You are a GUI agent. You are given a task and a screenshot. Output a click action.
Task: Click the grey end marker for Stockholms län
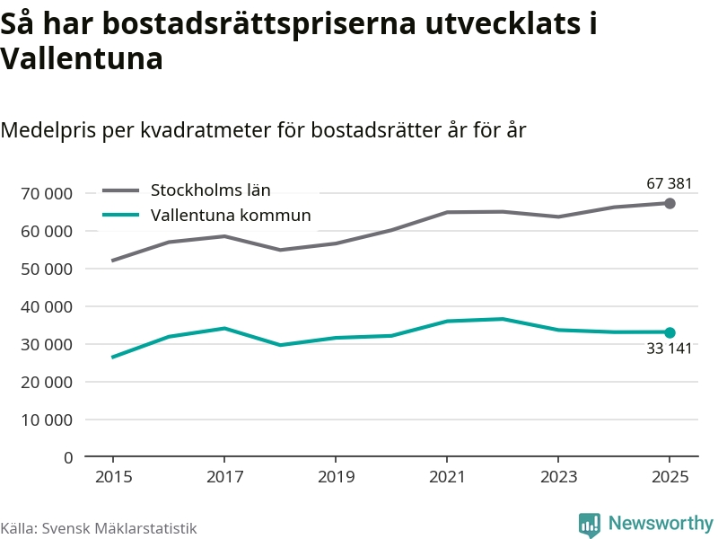[670, 203]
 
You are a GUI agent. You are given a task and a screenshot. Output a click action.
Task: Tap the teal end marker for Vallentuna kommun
[670, 332]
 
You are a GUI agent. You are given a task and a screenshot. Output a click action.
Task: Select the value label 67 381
[670, 184]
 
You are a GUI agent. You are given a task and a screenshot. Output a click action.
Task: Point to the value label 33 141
[670, 349]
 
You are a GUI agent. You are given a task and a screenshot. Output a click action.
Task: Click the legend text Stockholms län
[210, 190]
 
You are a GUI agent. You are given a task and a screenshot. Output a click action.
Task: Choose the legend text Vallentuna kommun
[231, 215]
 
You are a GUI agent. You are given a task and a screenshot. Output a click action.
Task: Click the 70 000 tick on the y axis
[46, 193]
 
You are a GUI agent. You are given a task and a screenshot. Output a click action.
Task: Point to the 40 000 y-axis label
[46, 306]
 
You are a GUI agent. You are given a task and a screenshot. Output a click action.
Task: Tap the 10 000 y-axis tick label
[46, 420]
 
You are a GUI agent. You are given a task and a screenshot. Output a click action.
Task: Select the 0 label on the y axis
[67, 457]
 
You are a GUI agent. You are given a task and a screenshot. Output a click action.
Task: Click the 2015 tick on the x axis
[112, 477]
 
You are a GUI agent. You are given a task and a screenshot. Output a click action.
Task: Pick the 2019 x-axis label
[335, 477]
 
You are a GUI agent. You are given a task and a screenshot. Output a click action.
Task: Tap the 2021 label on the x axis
[446, 477]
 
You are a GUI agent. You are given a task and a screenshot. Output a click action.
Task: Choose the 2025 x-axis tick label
[670, 477]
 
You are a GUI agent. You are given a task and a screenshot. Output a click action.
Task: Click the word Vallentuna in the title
[82, 59]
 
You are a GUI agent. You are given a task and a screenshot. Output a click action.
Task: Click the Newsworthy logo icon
[589, 525]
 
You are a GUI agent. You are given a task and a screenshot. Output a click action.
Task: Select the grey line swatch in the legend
[121, 190]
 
